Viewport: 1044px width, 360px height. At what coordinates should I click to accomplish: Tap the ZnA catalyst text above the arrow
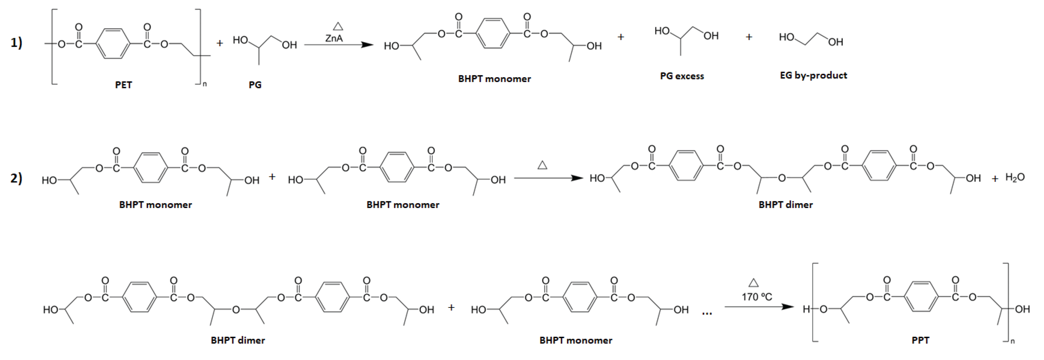pos(334,38)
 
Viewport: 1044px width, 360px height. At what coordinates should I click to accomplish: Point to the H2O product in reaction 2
pos(1015,178)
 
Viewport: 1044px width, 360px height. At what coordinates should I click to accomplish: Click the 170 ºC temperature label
pos(757,297)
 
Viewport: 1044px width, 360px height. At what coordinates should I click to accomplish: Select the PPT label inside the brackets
pos(920,340)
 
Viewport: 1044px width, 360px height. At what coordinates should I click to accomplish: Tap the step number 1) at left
pos(16,43)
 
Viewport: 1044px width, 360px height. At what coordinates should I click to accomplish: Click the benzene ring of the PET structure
pos(113,44)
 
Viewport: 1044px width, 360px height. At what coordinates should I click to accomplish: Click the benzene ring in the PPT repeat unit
pos(921,297)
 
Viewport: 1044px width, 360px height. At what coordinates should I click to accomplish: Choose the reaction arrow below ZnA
pos(338,45)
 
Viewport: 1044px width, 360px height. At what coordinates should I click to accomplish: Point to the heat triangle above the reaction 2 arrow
pos(542,165)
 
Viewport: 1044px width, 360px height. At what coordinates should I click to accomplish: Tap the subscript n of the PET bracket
pos(205,84)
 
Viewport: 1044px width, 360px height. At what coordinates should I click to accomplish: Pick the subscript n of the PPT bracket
pos(1012,341)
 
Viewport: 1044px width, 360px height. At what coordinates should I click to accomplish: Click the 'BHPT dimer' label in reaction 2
pos(785,205)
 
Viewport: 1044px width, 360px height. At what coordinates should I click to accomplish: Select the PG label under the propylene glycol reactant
pos(255,85)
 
